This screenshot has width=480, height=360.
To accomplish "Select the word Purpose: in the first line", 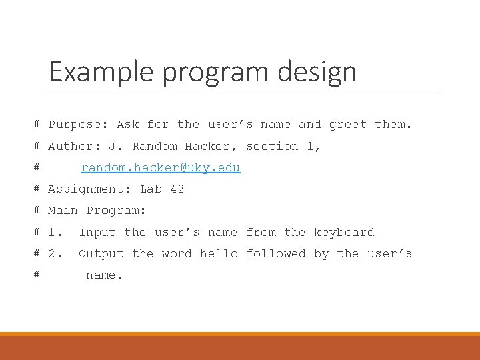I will tap(78, 125).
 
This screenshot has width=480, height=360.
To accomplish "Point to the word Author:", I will tap(74, 146).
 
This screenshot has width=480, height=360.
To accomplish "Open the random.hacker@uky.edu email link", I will tap(161, 167).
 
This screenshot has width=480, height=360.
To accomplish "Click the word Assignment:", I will tap(89, 189).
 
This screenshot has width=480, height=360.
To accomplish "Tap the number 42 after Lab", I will tap(177, 189).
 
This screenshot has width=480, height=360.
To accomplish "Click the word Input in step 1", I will tap(97, 233).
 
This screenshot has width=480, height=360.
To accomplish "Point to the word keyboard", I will tap(344, 233).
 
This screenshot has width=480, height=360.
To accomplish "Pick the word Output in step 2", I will tap(101, 254).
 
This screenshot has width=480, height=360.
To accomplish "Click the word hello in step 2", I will tap(219, 254).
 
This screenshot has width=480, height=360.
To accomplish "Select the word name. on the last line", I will tap(105, 275).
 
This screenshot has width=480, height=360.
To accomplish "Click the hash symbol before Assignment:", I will tap(37, 189).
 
